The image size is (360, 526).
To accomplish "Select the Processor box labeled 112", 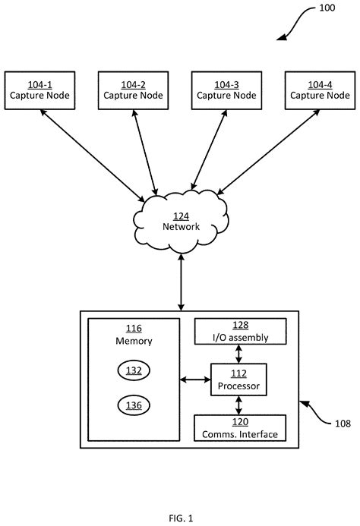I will tap(239, 380).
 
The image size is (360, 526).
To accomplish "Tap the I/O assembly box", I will tap(240, 331).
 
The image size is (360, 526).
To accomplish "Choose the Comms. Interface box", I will tap(240, 429).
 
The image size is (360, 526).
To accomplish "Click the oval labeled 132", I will tap(134, 370).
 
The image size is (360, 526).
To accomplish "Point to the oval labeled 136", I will tap(134, 405).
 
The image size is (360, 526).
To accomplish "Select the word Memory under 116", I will tap(134, 341).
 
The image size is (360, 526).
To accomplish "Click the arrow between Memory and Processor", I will tap(194, 380).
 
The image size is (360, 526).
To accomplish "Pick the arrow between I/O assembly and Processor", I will tap(239, 353).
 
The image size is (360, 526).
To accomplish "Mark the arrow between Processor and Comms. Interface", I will tap(239, 405).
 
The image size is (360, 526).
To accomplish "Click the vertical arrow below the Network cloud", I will tap(181, 283).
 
